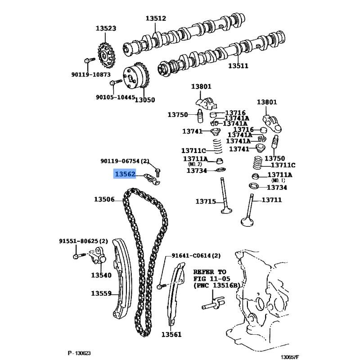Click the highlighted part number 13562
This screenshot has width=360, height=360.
click(125, 174)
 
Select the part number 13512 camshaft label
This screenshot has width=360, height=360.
click(156, 18)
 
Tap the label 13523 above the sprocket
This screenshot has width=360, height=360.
click(106, 28)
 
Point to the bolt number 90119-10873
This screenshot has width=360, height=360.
click(91, 75)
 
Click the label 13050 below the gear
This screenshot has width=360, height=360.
click(145, 100)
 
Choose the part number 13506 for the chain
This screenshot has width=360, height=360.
click(104, 199)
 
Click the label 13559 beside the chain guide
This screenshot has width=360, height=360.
click(101, 293)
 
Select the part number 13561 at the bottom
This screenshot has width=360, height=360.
click(171, 334)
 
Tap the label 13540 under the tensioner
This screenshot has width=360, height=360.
click(101, 275)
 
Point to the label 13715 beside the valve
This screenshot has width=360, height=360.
click(206, 202)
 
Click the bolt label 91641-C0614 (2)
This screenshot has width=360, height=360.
click(196, 256)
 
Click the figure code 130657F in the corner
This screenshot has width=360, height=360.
click(290, 357)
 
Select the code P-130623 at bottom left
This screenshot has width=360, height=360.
click(79, 353)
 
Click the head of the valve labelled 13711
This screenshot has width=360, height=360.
click(247, 222)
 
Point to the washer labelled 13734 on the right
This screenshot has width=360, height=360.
click(253, 185)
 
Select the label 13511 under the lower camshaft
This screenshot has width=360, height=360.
click(238, 66)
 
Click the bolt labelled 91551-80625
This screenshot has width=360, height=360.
click(79, 256)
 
